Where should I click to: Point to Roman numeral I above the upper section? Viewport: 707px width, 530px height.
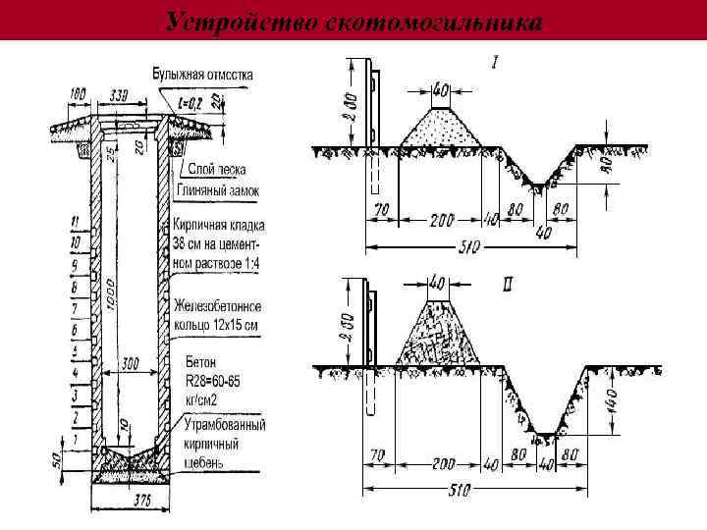(495, 64)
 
